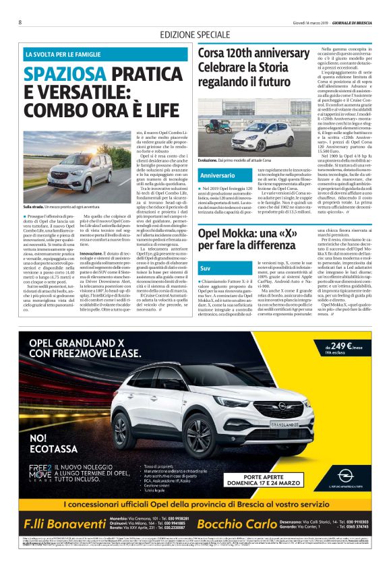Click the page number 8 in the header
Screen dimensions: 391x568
click(x=20, y=22)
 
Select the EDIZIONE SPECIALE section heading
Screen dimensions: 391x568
click(x=195, y=35)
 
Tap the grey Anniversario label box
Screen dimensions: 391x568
click(x=217, y=175)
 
